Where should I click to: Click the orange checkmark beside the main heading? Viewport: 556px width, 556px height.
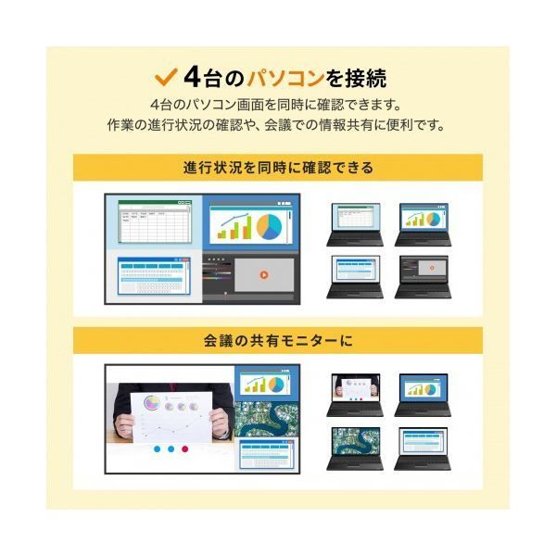tap(166, 78)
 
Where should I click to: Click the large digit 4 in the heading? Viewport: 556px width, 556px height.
tap(193, 78)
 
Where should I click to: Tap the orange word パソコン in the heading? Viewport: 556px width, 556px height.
tap(285, 78)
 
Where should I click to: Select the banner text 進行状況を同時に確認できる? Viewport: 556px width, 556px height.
tap(278, 168)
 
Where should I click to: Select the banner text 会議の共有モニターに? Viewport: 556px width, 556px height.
tap(278, 341)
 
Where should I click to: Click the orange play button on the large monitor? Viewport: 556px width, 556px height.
tap(264, 274)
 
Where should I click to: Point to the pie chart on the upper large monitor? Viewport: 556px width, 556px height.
tap(269, 227)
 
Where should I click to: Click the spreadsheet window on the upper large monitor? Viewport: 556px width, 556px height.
tap(155, 221)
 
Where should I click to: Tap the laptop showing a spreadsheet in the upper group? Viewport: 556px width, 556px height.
tap(355, 224)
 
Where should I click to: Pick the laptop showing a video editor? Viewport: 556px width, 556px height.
tap(423, 277)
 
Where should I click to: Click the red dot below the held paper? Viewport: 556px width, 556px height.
tap(184, 449)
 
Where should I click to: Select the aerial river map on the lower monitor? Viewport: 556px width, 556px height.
tap(267, 420)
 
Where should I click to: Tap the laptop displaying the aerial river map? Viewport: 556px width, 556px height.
tap(355, 449)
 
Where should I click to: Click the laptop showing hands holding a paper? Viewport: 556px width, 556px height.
tap(355, 395)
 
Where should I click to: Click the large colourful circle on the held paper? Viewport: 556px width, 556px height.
tap(152, 403)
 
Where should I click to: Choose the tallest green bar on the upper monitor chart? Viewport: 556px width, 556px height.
tap(249, 227)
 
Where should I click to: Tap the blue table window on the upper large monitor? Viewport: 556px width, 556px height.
tap(154, 276)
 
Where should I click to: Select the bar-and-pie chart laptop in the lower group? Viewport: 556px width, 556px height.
tap(423, 395)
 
